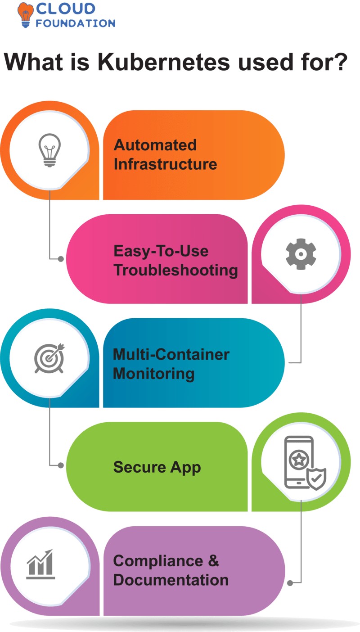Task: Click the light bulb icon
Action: coord(50,150)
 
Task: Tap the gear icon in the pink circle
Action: coord(301,254)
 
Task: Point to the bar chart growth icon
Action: coord(41,564)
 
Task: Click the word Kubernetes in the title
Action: coord(164,63)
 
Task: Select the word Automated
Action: coord(155,145)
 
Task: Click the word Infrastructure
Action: coord(165,164)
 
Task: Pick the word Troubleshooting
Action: coord(175,270)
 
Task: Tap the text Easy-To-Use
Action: coord(161,251)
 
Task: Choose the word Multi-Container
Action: coord(171,354)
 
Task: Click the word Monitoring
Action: coord(153,374)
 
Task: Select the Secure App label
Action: coord(157,467)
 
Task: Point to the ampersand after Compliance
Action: coord(214,561)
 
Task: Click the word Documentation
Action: coord(171,580)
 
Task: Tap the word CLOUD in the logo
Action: coord(66,9)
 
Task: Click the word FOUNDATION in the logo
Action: coord(75,23)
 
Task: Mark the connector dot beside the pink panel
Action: coord(60,259)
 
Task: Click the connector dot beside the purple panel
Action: coord(290,583)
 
